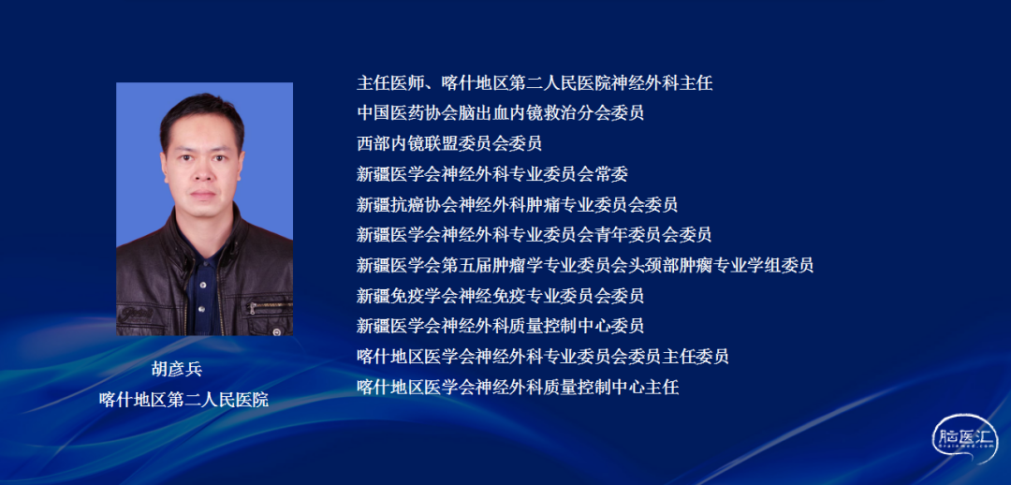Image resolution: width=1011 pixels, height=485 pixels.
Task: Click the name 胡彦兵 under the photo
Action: click(x=177, y=369)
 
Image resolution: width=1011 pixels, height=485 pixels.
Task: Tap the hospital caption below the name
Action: click(x=183, y=399)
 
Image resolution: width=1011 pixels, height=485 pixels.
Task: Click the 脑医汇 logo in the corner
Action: click(x=964, y=439)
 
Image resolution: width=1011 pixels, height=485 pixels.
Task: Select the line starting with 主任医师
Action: click(x=535, y=82)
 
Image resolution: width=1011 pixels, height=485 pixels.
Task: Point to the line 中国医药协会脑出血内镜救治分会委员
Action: click(x=500, y=113)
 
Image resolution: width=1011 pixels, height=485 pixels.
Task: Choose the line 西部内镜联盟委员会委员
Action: click(x=449, y=143)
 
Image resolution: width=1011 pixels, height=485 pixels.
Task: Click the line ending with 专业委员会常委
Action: click(x=492, y=173)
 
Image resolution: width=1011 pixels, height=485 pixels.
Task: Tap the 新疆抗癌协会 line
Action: click(x=517, y=204)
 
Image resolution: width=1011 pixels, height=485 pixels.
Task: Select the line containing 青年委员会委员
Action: click(x=534, y=234)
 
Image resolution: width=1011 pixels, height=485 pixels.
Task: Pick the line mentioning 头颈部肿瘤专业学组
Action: click(x=585, y=264)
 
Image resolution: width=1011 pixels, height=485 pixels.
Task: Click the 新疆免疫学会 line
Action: click(x=500, y=295)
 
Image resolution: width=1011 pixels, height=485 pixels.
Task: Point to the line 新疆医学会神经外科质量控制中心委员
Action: click(x=500, y=326)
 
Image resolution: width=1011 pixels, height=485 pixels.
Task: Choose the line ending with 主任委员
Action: click(x=543, y=356)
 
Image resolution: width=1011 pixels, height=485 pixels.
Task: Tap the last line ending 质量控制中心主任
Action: click(x=518, y=387)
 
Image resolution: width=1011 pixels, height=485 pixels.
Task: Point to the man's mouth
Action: click(x=203, y=193)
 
